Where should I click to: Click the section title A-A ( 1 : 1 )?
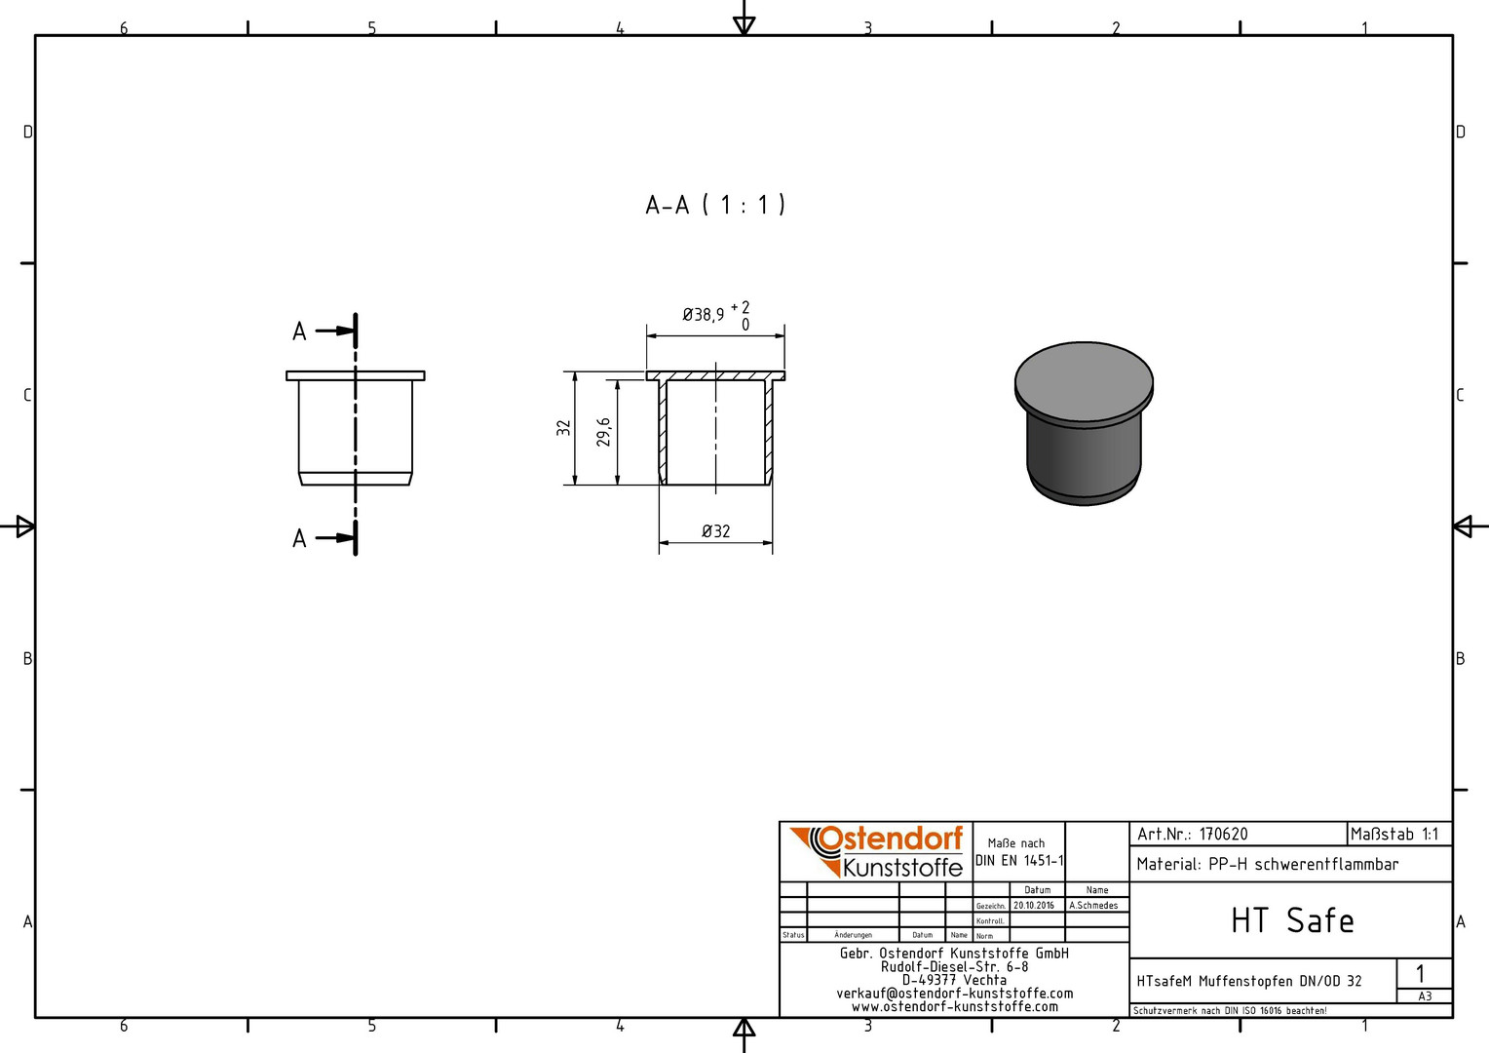pos(715,205)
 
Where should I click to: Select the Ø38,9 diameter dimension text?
pos(704,315)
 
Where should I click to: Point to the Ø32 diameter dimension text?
pos(716,531)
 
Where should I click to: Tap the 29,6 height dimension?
pos(603,432)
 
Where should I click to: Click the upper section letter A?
pos(299,331)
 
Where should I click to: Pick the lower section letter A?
pos(299,538)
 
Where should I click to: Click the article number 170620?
pos(1224,835)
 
